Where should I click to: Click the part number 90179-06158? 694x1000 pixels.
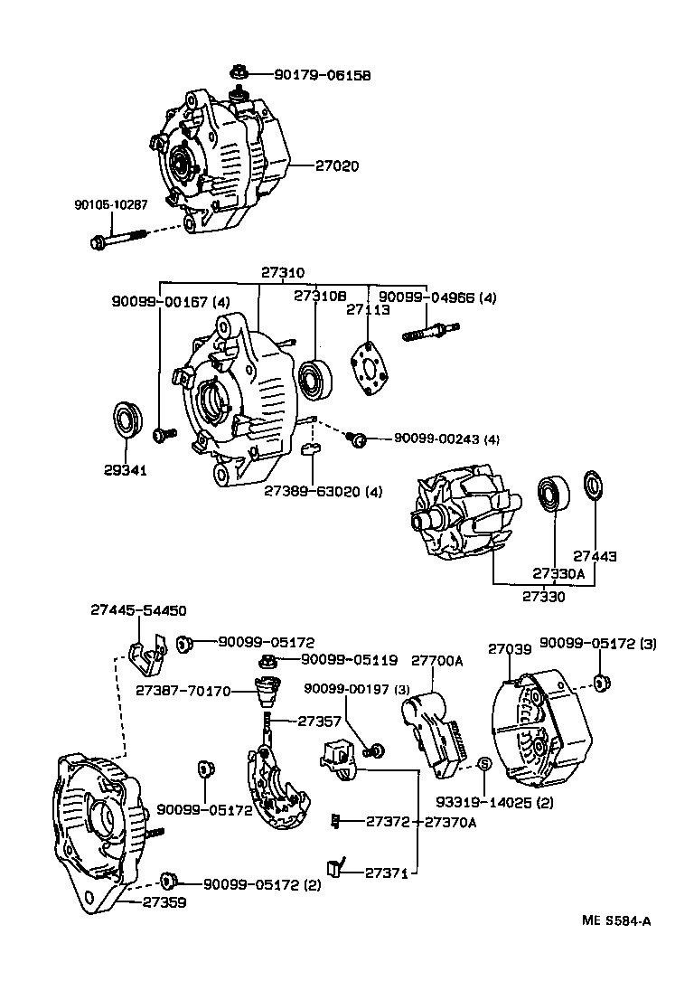(x=313, y=75)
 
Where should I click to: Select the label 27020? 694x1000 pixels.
(x=339, y=166)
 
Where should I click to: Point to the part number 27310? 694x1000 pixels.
(x=283, y=272)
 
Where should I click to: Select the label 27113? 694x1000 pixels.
(x=368, y=309)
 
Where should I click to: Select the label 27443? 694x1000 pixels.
(x=595, y=557)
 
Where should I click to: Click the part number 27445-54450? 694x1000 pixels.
(x=138, y=611)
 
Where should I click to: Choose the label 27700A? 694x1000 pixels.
(x=437, y=661)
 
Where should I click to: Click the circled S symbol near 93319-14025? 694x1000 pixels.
(x=483, y=764)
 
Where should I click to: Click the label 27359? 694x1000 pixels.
(x=165, y=901)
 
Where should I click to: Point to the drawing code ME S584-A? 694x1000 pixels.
(x=617, y=921)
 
